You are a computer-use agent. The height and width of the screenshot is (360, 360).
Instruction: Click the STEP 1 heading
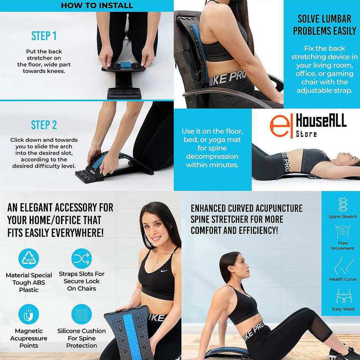[x=44, y=35]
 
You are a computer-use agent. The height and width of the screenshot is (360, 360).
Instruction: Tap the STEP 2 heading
[x=44, y=125]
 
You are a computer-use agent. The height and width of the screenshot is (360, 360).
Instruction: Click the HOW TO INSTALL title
[x=97, y=6]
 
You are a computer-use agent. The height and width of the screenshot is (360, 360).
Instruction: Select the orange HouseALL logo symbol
[x=278, y=126]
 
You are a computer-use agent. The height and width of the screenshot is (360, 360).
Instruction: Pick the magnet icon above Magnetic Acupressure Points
[x=29, y=314]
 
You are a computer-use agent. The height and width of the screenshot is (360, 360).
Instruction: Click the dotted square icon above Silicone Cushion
[x=82, y=314]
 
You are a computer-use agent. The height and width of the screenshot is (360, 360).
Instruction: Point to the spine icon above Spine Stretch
[x=343, y=205]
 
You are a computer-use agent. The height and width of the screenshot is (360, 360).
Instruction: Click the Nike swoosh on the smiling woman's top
[x=164, y=271]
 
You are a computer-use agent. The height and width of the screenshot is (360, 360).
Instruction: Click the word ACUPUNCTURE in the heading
[x=277, y=208]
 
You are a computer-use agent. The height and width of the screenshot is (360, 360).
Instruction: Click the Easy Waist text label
[x=343, y=309]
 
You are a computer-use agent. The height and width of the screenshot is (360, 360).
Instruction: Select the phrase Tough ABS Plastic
[x=29, y=286]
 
